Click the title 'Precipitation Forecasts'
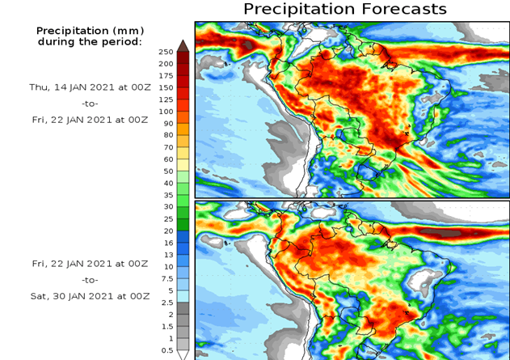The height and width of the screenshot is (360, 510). coord(344,9)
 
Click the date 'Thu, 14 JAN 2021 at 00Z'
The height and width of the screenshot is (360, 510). coord(89,87)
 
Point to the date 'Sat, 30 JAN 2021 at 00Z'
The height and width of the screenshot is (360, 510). coord(89,295)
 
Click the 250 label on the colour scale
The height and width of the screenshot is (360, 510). coord(165,52)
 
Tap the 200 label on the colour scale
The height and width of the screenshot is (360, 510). coord(165,64)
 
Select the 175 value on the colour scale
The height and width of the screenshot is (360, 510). coord(165,75)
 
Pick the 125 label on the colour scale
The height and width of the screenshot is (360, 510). coord(165,100)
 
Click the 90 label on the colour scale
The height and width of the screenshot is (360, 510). coord(167,123)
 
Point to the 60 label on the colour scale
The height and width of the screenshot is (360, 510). coord(167,159)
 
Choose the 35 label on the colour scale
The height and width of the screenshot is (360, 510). coord(167,195)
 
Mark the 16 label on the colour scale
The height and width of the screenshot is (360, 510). coord(167,243)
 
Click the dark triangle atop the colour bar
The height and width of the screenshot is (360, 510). coord(183,45)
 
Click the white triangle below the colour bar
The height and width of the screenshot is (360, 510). coord(183,354)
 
